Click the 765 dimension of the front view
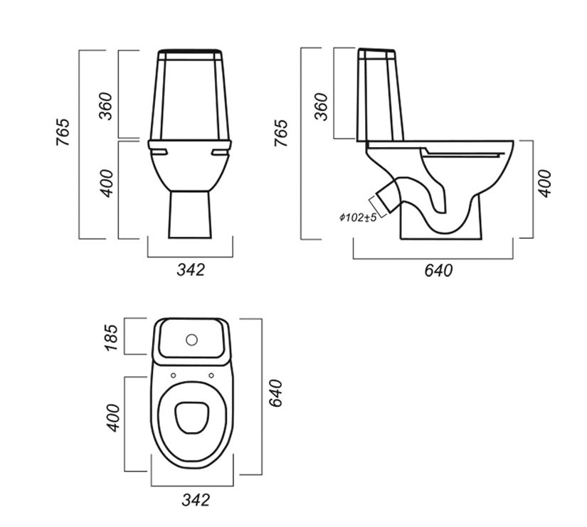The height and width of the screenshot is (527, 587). (x=63, y=132)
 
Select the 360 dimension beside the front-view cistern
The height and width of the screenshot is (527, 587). (x=105, y=106)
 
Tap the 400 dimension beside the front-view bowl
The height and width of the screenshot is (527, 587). (x=105, y=183)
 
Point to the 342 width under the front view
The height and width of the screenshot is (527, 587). (x=191, y=270)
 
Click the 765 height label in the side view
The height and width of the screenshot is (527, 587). (x=281, y=133)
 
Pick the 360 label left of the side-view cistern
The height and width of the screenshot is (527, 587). (x=321, y=107)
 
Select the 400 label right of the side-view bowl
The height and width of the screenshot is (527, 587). (x=545, y=183)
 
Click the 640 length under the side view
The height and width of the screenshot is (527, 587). (x=438, y=270)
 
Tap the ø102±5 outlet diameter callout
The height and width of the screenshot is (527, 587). (x=358, y=218)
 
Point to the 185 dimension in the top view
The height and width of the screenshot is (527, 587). (x=111, y=338)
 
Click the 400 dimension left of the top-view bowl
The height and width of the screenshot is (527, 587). (x=113, y=418)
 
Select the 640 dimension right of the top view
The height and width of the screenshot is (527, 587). (x=275, y=393)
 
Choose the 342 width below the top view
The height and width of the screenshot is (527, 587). (x=196, y=500)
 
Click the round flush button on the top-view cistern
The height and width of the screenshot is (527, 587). (x=191, y=339)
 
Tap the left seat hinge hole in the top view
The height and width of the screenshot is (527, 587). (x=173, y=376)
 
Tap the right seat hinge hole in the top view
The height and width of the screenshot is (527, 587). (x=211, y=376)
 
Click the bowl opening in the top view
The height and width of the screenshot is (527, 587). (x=192, y=417)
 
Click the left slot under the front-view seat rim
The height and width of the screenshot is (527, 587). (x=159, y=151)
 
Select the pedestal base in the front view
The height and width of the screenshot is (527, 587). (x=190, y=215)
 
